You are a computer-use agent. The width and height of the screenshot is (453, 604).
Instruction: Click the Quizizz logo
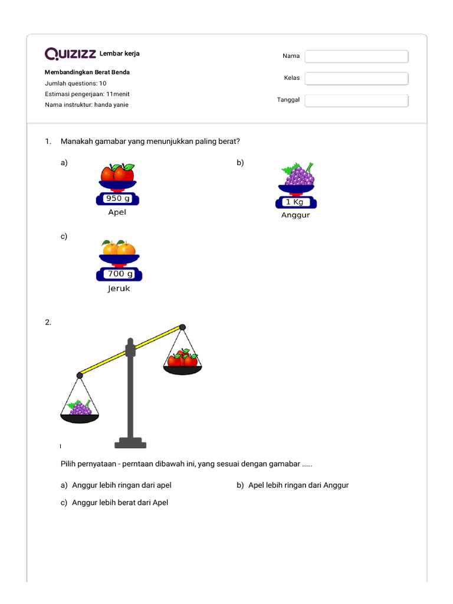click(x=71, y=54)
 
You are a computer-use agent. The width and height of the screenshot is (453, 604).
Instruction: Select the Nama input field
click(x=356, y=57)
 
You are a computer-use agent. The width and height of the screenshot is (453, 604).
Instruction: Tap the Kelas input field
click(x=356, y=78)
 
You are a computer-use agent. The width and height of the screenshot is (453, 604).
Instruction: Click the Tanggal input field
click(x=356, y=101)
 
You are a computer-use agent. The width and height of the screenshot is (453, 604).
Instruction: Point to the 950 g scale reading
click(x=117, y=199)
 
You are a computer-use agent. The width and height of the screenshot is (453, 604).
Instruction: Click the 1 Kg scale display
click(x=296, y=202)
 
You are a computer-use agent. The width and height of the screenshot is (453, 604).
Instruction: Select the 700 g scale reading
click(x=120, y=274)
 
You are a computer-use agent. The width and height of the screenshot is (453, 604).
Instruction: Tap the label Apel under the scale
click(x=117, y=212)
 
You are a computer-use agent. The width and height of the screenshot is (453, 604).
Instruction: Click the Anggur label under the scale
click(x=296, y=215)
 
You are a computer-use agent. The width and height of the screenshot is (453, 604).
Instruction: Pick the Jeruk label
click(x=119, y=289)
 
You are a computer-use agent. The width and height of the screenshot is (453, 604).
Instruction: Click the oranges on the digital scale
click(x=119, y=248)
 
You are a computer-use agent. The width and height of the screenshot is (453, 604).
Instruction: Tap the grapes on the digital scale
click(x=300, y=175)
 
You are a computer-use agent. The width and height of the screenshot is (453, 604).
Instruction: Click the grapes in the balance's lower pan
click(x=80, y=408)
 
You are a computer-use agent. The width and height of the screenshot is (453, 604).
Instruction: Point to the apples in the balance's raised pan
click(x=182, y=359)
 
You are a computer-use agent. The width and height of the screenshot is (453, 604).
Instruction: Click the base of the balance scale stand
click(x=130, y=443)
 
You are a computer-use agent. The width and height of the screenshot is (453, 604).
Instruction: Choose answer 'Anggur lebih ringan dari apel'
click(x=122, y=485)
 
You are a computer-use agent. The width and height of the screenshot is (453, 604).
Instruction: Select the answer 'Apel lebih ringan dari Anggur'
click(x=298, y=485)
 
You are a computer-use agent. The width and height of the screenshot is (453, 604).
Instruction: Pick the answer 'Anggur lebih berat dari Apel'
click(x=120, y=503)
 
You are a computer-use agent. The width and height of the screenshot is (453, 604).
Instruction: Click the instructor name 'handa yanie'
click(x=111, y=105)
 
